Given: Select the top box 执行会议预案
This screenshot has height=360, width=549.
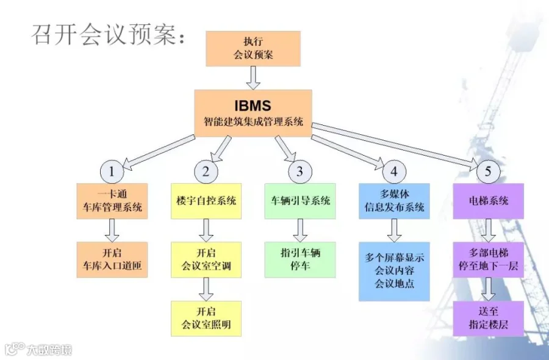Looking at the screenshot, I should [253, 48].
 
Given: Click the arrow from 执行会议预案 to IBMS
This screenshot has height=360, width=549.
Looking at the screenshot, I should [253, 77].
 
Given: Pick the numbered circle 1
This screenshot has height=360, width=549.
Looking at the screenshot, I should [112, 172].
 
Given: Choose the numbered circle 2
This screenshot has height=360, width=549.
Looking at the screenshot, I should [206, 172].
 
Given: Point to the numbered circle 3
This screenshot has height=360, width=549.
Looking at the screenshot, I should [300, 172].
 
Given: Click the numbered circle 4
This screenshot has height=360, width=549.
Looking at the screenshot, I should [394, 172].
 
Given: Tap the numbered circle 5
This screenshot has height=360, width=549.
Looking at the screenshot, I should [488, 172].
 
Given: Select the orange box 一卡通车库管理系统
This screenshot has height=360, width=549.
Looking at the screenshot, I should [112, 201].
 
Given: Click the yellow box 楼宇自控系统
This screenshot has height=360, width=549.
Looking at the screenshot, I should [206, 201].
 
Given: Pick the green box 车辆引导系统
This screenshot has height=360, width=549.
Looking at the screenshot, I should [300, 201].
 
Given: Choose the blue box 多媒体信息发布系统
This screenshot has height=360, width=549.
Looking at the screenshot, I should [394, 201].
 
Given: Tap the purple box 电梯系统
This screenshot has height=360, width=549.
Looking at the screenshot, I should [488, 201].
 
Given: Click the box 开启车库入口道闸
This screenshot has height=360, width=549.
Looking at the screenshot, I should [112, 259].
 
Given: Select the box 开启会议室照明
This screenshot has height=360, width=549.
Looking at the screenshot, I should [206, 318].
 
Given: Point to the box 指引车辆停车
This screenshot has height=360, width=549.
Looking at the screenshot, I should [300, 259].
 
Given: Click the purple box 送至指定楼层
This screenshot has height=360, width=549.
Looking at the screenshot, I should [488, 318].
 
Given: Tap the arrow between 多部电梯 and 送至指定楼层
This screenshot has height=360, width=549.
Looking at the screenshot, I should [488, 289].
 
